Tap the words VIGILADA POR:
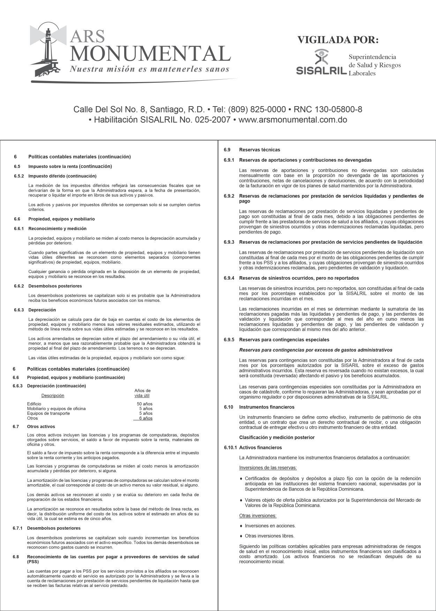click(x=338, y=40)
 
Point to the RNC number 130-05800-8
click(x=338, y=109)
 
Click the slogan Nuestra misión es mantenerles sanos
click(x=150, y=69)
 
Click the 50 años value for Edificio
click(x=144, y=404)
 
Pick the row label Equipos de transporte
click(x=48, y=413)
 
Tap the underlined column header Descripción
click(x=53, y=396)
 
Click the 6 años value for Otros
click(x=145, y=418)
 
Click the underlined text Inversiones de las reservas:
click(x=268, y=468)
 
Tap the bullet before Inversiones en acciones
click(x=241, y=526)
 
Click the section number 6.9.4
click(x=229, y=278)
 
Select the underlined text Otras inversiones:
click(x=258, y=515)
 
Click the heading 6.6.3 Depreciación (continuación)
click(x=56, y=386)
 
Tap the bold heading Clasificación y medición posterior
click(x=277, y=437)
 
